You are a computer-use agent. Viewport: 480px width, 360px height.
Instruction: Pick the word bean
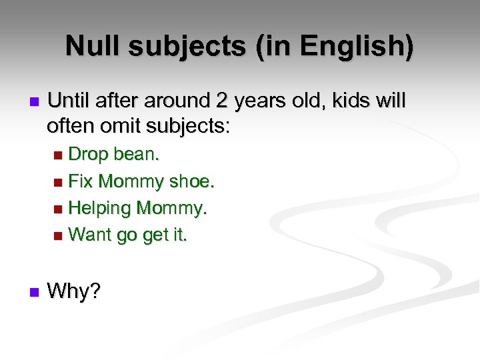click(137, 155)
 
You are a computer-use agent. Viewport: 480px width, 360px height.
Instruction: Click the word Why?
click(74, 291)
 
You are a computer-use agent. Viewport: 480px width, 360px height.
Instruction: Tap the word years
click(263, 101)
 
